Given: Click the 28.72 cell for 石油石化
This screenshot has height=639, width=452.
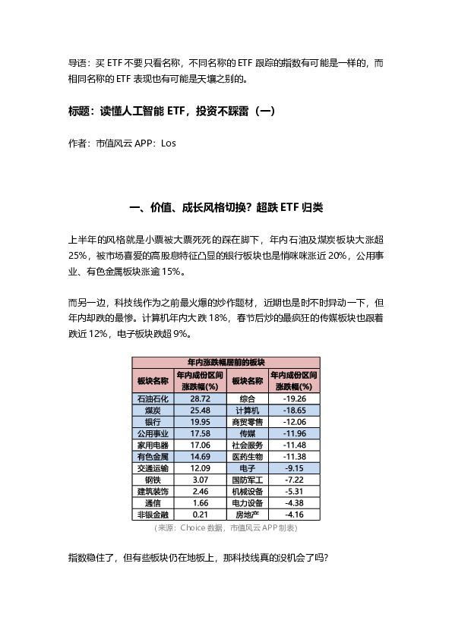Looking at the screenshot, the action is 201,398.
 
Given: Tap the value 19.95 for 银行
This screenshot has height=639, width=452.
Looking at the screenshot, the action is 201,422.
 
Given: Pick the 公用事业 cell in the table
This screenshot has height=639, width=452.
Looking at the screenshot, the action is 153,433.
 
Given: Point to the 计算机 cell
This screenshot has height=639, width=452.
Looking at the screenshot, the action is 247,410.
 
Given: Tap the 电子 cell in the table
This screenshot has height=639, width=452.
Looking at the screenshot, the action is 247,468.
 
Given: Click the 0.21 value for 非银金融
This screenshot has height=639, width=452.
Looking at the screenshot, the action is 201,515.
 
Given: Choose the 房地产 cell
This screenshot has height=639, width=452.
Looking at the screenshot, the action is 247,515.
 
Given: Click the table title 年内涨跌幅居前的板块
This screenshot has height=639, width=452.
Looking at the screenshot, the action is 226,363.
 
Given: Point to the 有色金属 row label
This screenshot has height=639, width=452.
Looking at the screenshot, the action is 153,457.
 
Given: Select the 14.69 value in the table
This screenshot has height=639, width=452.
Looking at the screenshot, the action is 201,457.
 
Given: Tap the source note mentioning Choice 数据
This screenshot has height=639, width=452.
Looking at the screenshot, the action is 226,527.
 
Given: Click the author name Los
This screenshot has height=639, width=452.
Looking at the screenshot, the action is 169,143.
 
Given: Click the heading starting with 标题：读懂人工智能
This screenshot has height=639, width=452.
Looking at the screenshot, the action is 171,111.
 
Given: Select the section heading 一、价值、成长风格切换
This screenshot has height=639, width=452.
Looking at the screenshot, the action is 226,208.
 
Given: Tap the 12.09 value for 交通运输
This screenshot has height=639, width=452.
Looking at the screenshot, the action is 201,468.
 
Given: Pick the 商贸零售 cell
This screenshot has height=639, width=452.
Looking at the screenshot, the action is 247,422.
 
